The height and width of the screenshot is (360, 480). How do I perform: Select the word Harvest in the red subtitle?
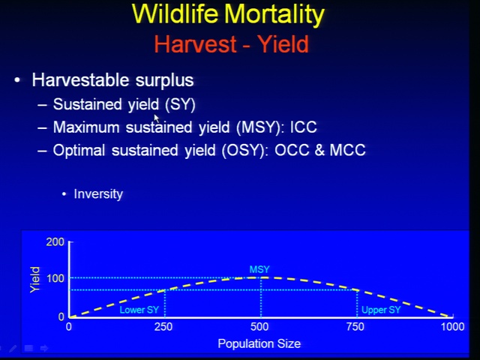pyautogui.click(x=196, y=44)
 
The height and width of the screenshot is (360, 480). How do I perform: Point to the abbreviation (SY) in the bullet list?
pyautogui.click(x=180, y=105)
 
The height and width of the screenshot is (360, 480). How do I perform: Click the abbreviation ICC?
pyautogui.click(x=303, y=127)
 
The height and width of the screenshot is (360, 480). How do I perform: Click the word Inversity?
pyautogui.click(x=98, y=194)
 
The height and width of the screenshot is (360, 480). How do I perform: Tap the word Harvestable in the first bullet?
pyautogui.click(x=80, y=80)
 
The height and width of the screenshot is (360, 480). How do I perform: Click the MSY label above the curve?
pyautogui.click(x=259, y=270)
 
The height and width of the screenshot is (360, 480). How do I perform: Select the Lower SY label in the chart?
pyautogui.click(x=139, y=310)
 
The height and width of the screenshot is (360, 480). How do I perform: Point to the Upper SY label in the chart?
pyautogui.click(x=381, y=310)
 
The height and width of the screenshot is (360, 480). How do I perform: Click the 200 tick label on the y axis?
pyautogui.click(x=55, y=242)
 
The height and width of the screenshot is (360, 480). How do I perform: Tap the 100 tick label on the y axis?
pyautogui.click(x=55, y=278)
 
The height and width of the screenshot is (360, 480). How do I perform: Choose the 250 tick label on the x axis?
pyautogui.click(x=163, y=327)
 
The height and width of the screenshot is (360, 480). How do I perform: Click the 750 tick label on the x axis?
pyautogui.click(x=355, y=327)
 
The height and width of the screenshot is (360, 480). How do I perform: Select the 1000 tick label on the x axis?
pyautogui.click(x=452, y=327)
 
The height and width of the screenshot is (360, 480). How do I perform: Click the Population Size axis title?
pyautogui.click(x=259, y=343)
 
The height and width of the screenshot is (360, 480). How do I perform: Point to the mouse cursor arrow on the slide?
pyautogui.click(x=157, y=118)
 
